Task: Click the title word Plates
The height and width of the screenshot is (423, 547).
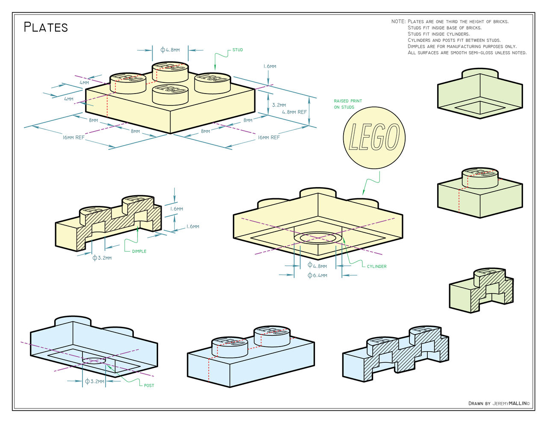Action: [46, 27]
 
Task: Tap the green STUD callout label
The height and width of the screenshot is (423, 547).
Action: [238, 50]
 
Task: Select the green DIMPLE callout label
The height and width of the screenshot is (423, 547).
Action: [139, 251]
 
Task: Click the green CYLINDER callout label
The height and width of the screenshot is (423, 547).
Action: [376, 266]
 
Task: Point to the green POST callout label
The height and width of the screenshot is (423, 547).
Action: [149, 385]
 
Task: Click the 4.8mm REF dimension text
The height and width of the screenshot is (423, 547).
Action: [294, 112]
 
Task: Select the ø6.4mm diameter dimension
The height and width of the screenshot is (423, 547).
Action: [318, 276]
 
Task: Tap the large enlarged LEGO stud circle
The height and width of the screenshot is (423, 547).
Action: [374, 138]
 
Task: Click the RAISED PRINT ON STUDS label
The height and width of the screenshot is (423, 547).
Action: [347, 104]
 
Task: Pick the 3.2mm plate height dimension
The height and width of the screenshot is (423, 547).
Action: [279, 105]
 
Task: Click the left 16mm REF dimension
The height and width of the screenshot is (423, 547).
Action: [74, 138]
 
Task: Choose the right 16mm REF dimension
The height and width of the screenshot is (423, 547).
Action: [268, 138]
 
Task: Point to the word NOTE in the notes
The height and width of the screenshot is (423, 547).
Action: [398, 21]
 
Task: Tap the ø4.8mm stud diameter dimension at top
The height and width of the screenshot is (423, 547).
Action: [170, 50]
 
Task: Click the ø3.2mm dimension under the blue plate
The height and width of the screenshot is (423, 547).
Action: [94, 381]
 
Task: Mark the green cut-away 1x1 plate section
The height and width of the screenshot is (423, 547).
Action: [481, 291]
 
